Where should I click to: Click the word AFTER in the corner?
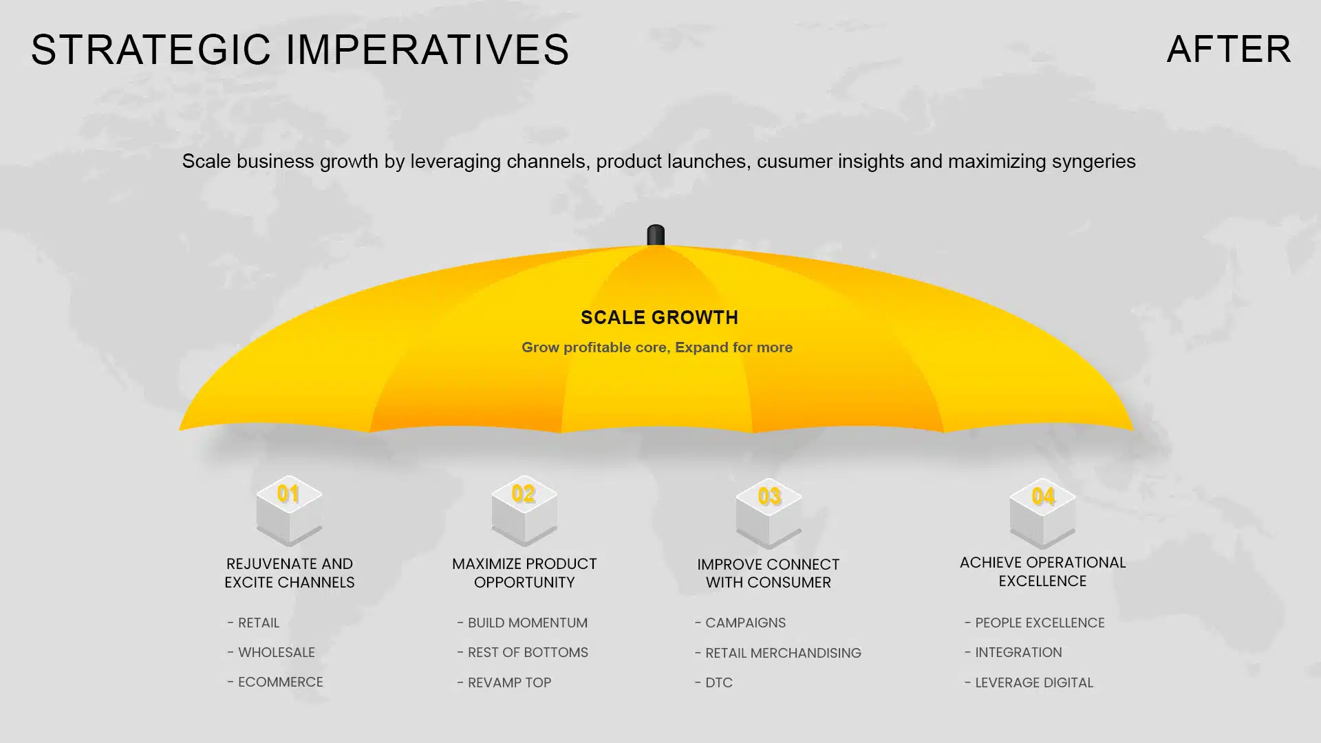point(1229,50)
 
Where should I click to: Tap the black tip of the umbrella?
point(656,235)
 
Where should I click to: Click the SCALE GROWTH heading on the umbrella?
point(659,317)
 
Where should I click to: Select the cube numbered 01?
point(289,510)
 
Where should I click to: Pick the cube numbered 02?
point(524,510)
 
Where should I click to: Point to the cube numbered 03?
point(769,513)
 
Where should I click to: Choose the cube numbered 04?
point(1042,513)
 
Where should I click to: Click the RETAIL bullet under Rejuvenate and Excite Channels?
point(253,623)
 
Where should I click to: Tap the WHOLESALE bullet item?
point(271,652)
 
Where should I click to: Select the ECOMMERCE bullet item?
point(275,682)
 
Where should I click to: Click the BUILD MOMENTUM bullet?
point(522,623)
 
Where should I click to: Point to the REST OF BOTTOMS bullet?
point(523,652)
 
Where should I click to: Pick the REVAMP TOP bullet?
point(504,682)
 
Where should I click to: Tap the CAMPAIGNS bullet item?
point(740,623)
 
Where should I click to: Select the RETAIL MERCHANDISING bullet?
point(778,653)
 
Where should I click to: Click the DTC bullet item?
point(713,682)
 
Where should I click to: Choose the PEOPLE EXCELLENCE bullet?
point(1035,623)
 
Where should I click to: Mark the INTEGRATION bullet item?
point(1013,652)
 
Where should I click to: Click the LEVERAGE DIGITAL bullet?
point(1029,682)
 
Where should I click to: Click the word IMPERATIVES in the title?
point(427,50)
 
